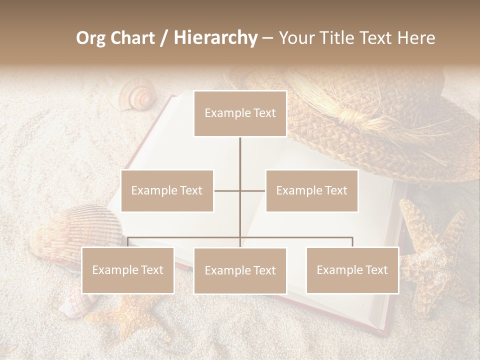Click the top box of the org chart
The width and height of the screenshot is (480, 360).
[240, 113]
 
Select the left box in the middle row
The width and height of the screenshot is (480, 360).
[167, 190]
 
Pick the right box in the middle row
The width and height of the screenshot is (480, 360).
[311, 190]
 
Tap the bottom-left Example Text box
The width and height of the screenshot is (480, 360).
[127, 270]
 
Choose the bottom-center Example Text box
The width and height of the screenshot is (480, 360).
[240, 270]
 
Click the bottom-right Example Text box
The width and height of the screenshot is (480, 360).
[352, 270]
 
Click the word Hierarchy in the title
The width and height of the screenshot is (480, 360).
[215, 38]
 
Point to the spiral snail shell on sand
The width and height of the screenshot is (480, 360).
[137, 96]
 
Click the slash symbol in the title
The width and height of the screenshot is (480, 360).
[164, 38]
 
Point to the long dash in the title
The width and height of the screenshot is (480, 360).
[267, 38]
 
